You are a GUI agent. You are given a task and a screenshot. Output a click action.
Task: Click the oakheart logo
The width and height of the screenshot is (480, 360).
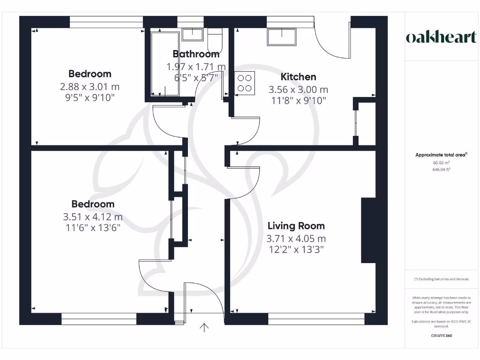441,37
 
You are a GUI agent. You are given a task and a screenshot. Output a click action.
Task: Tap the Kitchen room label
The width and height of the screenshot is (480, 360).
298,77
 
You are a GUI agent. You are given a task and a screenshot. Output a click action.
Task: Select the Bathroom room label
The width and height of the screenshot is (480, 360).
196,54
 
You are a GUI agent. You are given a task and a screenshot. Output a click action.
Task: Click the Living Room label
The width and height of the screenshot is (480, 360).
295,226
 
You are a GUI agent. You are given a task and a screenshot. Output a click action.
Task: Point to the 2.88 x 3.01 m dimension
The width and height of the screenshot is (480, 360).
90,87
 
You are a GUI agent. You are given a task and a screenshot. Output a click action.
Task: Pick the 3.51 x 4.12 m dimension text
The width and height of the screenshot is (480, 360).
92,217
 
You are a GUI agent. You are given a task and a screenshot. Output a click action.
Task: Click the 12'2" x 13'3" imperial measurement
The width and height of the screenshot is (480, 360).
295,249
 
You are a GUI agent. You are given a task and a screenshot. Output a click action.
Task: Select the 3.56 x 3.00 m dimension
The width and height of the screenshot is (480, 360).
298,90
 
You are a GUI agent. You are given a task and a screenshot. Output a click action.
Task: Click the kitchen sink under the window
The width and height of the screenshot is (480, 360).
282,37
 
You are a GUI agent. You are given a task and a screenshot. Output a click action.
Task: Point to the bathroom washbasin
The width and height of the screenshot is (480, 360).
192,34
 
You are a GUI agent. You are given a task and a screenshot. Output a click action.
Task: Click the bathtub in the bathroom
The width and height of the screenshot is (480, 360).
164,64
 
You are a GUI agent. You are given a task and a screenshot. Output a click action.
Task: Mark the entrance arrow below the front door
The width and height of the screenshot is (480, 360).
204,328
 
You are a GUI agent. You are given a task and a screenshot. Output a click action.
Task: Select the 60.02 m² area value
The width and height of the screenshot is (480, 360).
441,163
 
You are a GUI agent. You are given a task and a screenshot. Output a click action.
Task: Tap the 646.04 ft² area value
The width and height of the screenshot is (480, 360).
441,171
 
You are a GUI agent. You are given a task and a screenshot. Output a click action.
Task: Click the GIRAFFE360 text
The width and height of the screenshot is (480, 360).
441,336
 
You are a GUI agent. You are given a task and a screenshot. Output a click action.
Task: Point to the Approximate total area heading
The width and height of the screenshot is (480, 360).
441,155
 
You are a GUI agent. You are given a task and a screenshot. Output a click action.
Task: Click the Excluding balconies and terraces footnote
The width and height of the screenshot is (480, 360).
441,279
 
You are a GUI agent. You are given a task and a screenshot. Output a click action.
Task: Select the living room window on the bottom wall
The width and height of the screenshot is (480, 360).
316,322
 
